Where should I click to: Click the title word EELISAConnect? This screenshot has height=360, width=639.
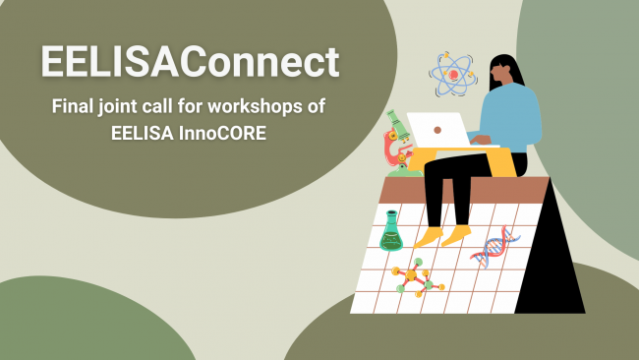(190, 61)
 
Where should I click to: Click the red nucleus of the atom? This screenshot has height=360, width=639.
(453, 75)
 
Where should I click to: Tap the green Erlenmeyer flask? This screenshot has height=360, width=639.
(391, 231)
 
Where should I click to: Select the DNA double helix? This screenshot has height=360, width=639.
(494, 247)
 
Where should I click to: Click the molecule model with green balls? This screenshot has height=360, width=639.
(417, 277)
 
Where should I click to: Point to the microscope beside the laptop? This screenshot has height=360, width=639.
(399, 144)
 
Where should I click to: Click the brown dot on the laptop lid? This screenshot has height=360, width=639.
(437, 130)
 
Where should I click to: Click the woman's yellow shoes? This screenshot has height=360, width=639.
(442, 236)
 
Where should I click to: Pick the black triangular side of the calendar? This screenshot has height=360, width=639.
(551, 261)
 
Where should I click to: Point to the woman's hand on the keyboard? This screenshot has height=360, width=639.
(481, 140)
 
